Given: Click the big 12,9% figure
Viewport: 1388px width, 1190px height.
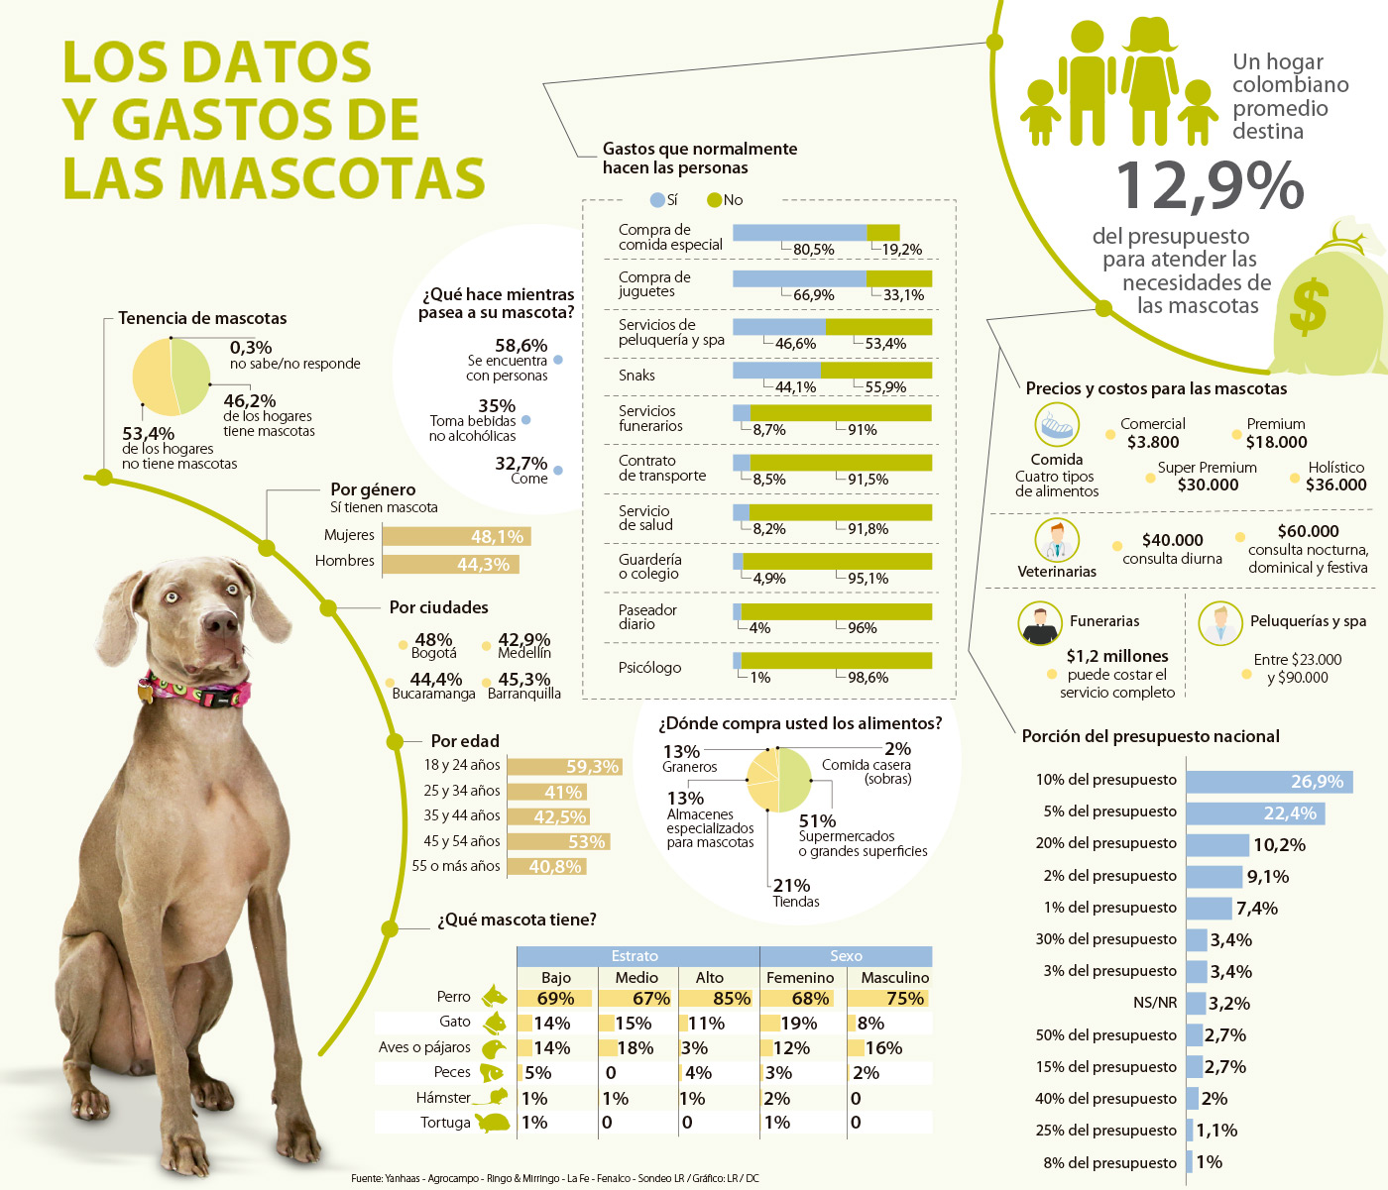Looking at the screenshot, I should point(1210,185).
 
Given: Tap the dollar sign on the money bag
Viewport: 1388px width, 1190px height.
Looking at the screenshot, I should point(1309,306).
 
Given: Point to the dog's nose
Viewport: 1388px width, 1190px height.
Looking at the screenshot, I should point(219,622).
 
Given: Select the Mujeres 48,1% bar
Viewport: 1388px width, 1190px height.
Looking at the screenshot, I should point(457,536).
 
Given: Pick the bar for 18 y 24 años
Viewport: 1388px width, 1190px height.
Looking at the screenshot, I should point(563,767).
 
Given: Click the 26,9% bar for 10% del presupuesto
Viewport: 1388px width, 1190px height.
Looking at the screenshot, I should point(1268,782).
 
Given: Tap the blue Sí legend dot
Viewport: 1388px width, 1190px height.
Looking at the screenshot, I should point(656,200).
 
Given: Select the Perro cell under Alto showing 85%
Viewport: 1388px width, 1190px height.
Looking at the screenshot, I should point(718,998).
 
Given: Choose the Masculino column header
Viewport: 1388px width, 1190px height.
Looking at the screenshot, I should point(894,977).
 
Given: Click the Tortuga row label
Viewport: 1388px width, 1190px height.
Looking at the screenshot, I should point(445,1123).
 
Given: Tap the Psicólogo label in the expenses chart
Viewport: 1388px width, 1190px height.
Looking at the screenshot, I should point(649,668).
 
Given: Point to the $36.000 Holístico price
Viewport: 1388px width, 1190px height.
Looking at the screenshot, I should point(1335,485).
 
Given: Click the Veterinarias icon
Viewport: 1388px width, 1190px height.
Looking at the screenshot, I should point(1057,541).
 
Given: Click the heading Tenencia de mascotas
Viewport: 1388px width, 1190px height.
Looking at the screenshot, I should point(202,318).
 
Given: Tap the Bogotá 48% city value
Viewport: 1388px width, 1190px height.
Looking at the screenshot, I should point(433,641).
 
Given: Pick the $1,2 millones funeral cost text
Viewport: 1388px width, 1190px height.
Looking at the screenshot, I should point(1117,656).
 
